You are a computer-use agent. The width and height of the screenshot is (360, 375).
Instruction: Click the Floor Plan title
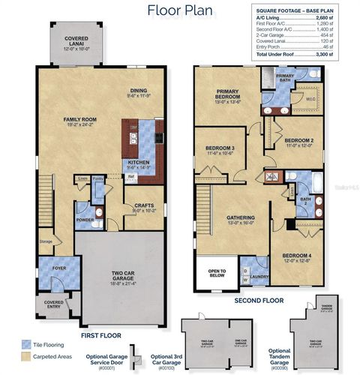(x=180, y=10)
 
